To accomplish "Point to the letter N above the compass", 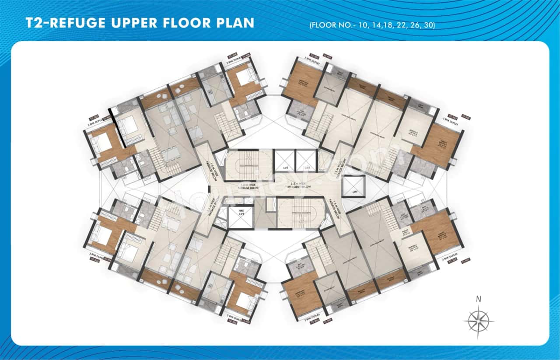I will (x=479, y=300).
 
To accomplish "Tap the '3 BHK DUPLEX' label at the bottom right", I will (x=451, y=259).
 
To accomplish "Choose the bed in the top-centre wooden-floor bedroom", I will (x=242, y=78).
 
